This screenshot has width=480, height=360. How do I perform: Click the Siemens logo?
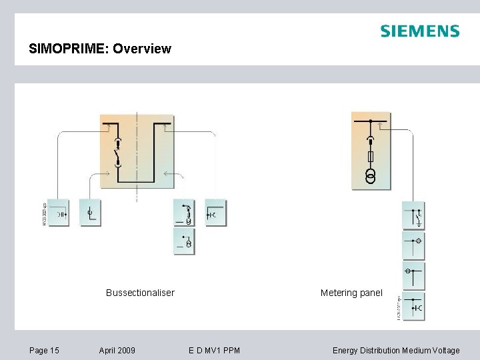pyautogui.click(x=419, y=31)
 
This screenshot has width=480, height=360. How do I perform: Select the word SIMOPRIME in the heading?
pyautogui.click(x=69, y=49)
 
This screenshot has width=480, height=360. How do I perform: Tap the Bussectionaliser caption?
pyautogui.click(x=140, y=293)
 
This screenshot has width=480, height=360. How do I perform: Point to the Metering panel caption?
pyautogui.click(x=351, y=293)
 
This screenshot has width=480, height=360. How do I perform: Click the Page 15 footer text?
pyautogui.click(x=44, y=350)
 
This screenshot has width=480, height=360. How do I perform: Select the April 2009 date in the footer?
pyautogui.click(x=117, y=350)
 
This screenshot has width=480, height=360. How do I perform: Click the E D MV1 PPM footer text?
pyautogui.click(x=214, y=350)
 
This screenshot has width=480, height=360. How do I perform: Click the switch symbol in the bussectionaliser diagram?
pyautogui.click(x=118, y=157)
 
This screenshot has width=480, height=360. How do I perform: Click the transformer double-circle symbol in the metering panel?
pyautogui.click(x=371, y=176)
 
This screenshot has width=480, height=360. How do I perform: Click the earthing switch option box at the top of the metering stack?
pyautogui.click(x=413, y=216)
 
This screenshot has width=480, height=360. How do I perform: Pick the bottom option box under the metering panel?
pyautogui.click(x=413, y=307)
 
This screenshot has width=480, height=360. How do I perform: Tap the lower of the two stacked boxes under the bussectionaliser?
pyautogui.click(x=184, y=242)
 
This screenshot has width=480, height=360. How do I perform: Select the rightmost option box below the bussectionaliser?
pyautogui.click(x=215, y=213)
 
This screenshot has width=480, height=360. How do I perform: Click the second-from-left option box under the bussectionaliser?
pyautogui.click(x=90, y=213)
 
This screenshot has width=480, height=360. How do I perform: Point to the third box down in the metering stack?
pyautogui.click(x=413, y=275)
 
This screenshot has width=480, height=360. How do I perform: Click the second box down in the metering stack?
pyautogui.click(x=413, y=246)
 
